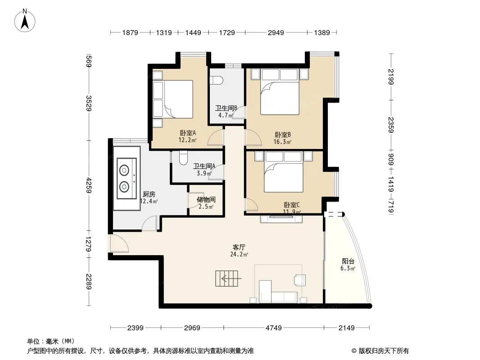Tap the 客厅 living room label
[x=239, y=247]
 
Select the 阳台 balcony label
[x=348, y=261]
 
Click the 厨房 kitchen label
[x=149, y=194]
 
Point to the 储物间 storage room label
[x=206, y=200]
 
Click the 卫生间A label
[x=204, y=166]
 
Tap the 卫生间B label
[x=226, y=108]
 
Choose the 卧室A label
[x=188, y=133]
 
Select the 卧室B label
[x=282, y=135]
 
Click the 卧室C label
[x=292, y=205]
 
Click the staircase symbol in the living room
[x=227, y=279]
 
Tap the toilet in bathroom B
[x=216, y=80]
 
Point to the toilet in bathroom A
[x=183, y=158]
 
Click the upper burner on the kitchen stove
[x=124, y=170]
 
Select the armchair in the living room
[x=299, y=279]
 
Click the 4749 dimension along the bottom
[x=273, y=328]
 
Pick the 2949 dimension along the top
[x=276, y=32]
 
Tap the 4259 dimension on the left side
[x=89, y=185]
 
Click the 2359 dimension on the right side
[x=391, y=125]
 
